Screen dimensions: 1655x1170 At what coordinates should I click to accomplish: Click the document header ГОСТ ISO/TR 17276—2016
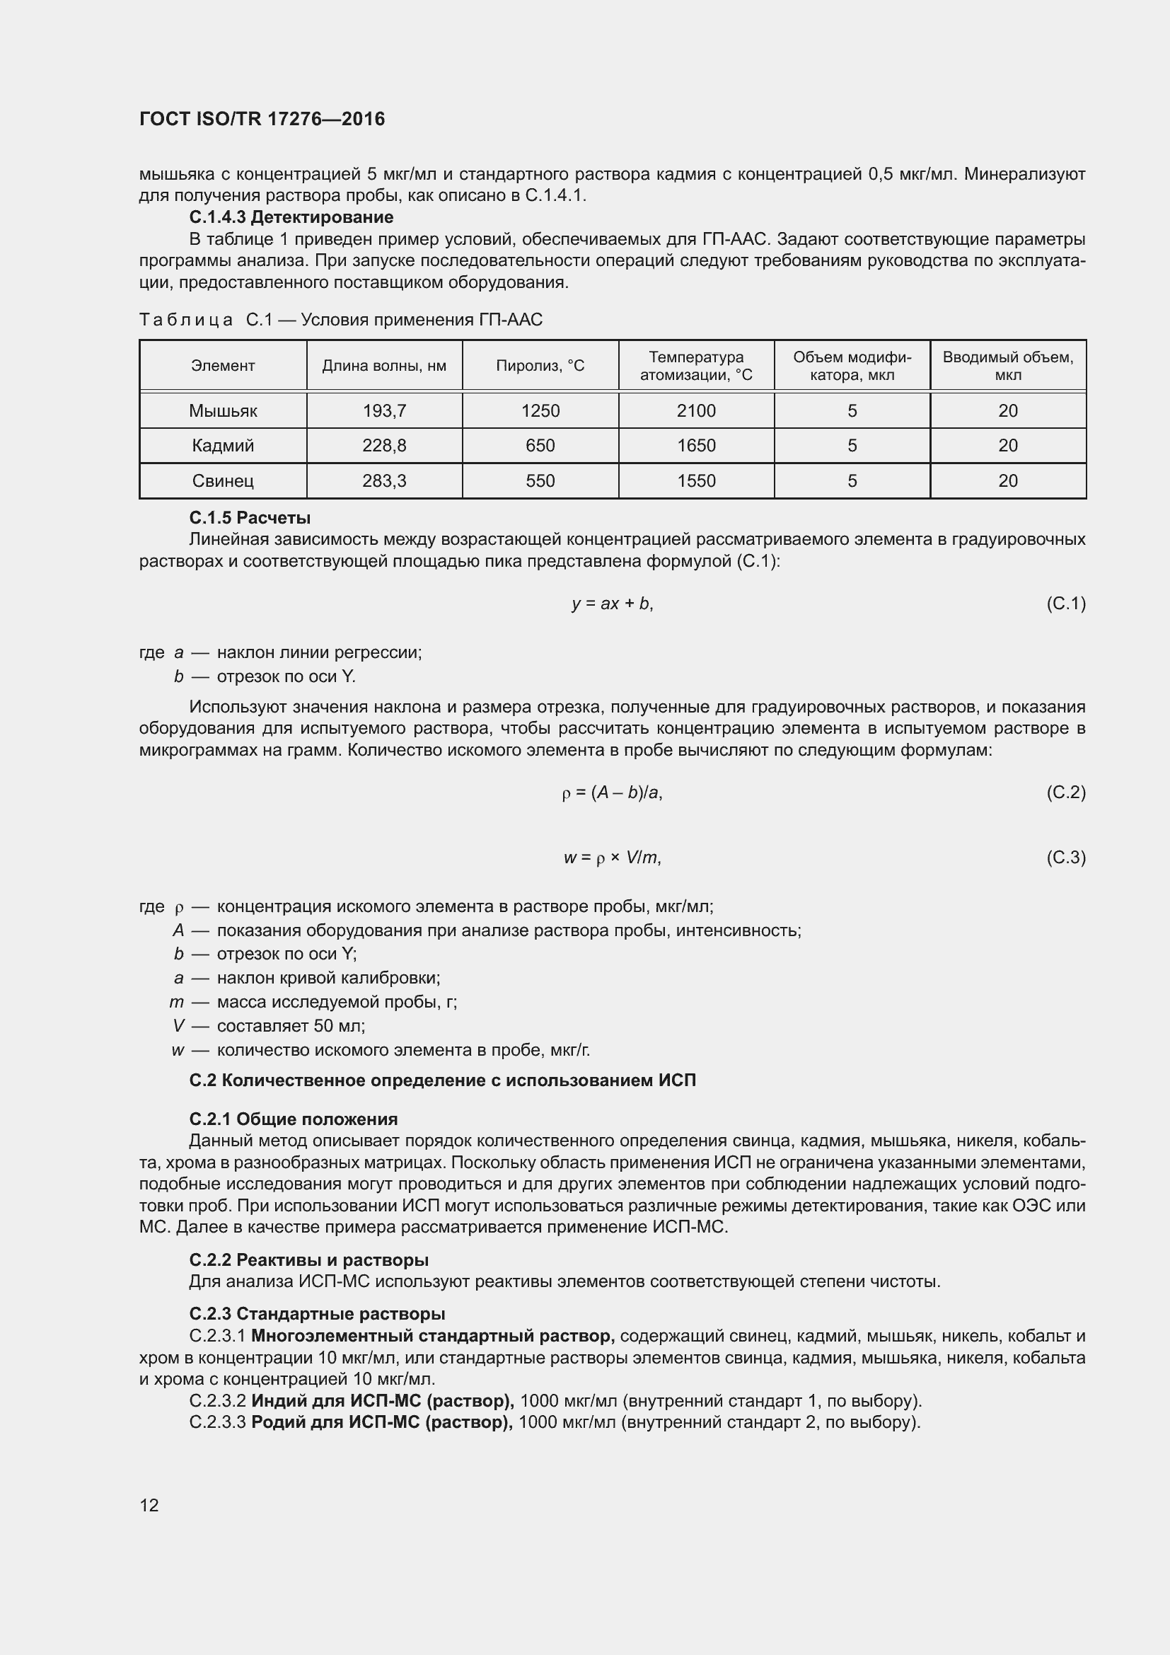[x=262, y=119]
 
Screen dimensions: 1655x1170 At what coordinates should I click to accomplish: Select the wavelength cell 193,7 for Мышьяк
[x=384, y=411]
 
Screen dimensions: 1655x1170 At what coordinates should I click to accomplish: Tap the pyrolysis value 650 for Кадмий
[x=540, y=446]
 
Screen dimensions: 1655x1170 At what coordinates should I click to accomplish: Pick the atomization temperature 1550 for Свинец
[x=696, y=480]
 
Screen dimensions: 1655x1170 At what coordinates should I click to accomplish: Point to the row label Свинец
[x=223, y=480]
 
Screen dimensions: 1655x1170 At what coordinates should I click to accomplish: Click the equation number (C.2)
[x=1065, y=793]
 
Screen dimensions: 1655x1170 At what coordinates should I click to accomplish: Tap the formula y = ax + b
[x=613, y=604]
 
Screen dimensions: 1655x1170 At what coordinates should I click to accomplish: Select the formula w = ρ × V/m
[x=613, y=858]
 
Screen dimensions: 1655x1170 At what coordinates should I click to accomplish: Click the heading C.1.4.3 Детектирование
[x=291, y=217]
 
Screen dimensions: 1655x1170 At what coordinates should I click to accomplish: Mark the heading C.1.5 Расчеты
[x=250, y=517]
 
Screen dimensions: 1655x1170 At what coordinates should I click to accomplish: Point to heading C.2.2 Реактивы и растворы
[x=308, y=1260]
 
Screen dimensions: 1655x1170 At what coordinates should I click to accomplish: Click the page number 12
[x=149, y=1505]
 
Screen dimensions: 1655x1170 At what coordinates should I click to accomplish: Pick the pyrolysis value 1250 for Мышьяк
[x=540, y=411]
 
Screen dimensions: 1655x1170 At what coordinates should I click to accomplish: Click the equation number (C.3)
[x=1065, y=858]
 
